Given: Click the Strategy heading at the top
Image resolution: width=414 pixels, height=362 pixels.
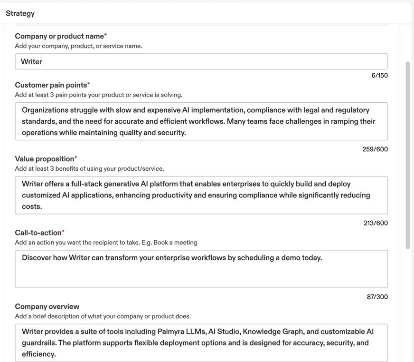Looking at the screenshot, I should click(20, 13).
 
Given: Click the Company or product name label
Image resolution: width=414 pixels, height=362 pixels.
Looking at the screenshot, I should click(59, 36).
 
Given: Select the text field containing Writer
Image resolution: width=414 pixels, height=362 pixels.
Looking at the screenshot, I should click(201, 62).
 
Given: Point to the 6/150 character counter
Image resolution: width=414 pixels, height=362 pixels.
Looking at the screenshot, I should click(379, 75).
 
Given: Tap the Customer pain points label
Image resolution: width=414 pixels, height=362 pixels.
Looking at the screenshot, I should click(51, 85).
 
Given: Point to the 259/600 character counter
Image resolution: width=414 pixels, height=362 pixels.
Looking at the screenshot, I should click(375, 149).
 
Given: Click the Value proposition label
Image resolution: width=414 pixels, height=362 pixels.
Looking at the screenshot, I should click(44, 159).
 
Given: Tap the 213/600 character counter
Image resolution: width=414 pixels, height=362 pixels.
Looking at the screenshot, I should click(375, 223).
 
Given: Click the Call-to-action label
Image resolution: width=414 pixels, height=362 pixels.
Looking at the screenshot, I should click(38, 233).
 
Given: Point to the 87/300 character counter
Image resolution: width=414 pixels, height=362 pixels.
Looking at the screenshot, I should click(377, 297).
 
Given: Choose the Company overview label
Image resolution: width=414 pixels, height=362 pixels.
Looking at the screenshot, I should click(47, 307).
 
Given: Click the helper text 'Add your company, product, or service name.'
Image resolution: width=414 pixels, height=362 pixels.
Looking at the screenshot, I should click(78, 46).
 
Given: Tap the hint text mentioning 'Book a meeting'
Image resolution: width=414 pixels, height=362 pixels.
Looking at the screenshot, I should click(106, 243).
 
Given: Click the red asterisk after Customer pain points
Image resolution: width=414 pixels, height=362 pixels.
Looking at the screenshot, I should click(89, 84).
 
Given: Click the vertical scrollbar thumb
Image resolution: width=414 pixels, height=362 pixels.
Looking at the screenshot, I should click(407, 155).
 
